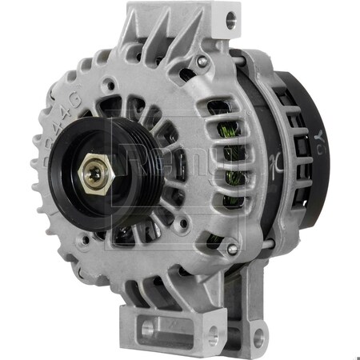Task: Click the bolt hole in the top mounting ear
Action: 230,16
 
